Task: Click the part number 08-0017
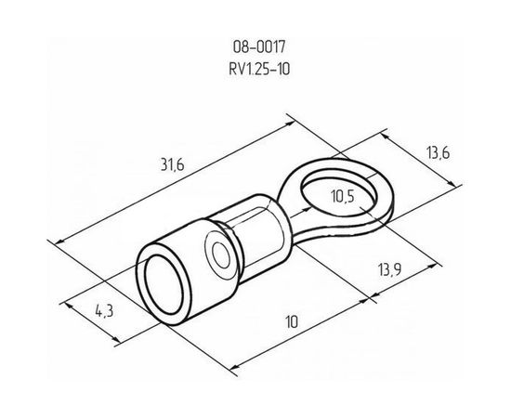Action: pyautogui.click(x=259, y=47)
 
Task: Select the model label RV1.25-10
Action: pyautogui.click(x=259, y=69)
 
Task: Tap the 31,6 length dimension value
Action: pyautogui.click(x=173, y=164)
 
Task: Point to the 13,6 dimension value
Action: pyautogui.click(x=438, y=152)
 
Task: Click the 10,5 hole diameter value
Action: pyautogui.click(x=342, y=196)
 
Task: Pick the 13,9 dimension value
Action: pyautogui.click(x=389, y=269)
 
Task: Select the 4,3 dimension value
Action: pyautogui.click(x=104, y=311)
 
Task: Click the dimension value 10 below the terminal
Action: pyautogui.click(x=292, y=322)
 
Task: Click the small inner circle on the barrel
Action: pyautogui.click(x=221, y=255)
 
